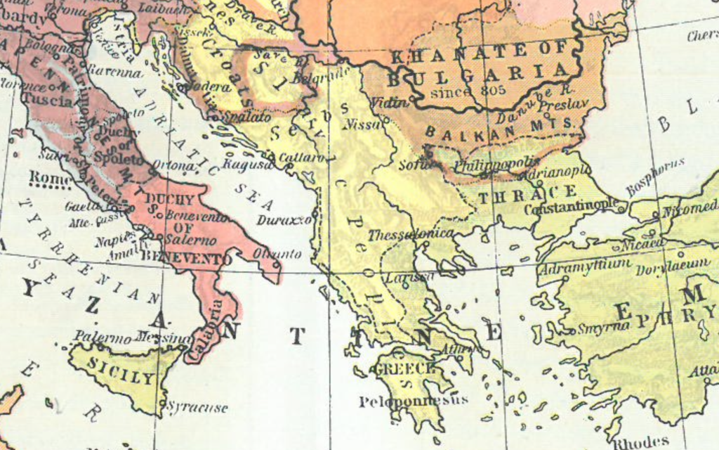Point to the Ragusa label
click(x=246, y=165)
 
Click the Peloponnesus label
click(x=413, y=401)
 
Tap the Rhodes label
click(x=641, y=442)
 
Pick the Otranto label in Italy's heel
click(x=277, y=253)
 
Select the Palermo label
click(x=103, y=336)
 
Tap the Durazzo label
click(x=284, y=220)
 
